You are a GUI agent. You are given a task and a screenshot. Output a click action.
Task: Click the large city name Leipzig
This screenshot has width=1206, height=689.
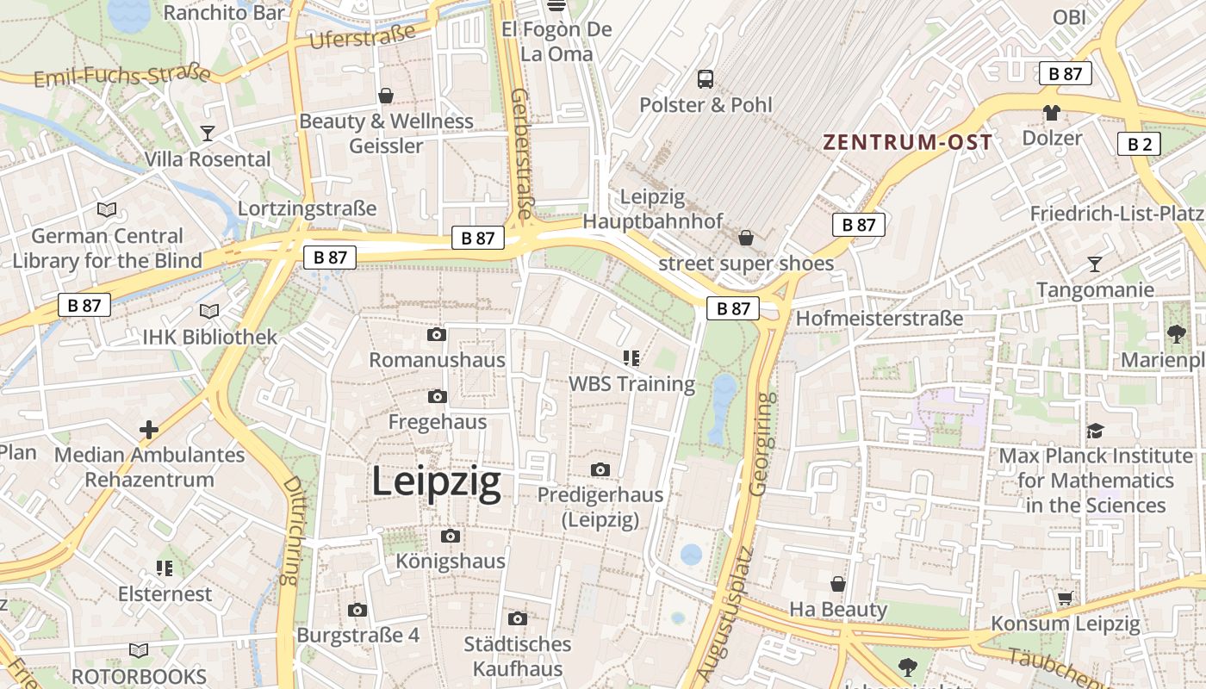pos(436,482)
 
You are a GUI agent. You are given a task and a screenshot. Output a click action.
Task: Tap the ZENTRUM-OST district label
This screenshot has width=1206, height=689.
pos(907,142)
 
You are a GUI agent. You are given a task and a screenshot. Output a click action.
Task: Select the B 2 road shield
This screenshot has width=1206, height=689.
pos(1139,144)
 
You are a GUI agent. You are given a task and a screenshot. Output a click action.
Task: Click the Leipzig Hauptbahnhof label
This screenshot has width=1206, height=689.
pos(653,209)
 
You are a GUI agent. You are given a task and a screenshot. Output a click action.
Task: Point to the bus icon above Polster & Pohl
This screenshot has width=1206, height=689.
pos(706,79)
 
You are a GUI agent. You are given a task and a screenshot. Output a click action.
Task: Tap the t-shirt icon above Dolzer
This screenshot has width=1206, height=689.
pos(1051,113)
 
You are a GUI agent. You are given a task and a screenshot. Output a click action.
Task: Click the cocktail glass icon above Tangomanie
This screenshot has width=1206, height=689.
pos(1094,264)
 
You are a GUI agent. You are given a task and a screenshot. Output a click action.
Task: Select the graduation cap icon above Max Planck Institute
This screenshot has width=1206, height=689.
pos(1094,431)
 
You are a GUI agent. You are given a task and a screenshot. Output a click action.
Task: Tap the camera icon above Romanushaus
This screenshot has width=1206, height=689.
pos(437,334)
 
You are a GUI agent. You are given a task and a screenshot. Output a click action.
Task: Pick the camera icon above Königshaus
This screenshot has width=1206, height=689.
pos(450,537)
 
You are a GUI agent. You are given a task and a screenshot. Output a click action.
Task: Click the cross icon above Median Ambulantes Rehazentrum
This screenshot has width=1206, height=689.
pos(149,429)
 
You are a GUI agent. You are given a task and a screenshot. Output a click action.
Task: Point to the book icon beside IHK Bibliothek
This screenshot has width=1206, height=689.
pos(209,312)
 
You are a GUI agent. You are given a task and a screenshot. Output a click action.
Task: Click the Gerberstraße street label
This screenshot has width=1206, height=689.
pos(521,153)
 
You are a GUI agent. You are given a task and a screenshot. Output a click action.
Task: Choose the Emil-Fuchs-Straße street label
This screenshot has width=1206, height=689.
pos(121,77)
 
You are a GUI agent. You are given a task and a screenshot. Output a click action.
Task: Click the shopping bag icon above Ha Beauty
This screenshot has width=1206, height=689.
pos(837,585)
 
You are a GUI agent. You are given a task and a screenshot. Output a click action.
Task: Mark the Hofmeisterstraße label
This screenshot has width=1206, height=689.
pos(879,319)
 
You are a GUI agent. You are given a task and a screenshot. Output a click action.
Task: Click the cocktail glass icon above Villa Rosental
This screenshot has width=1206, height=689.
pos(208,133)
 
